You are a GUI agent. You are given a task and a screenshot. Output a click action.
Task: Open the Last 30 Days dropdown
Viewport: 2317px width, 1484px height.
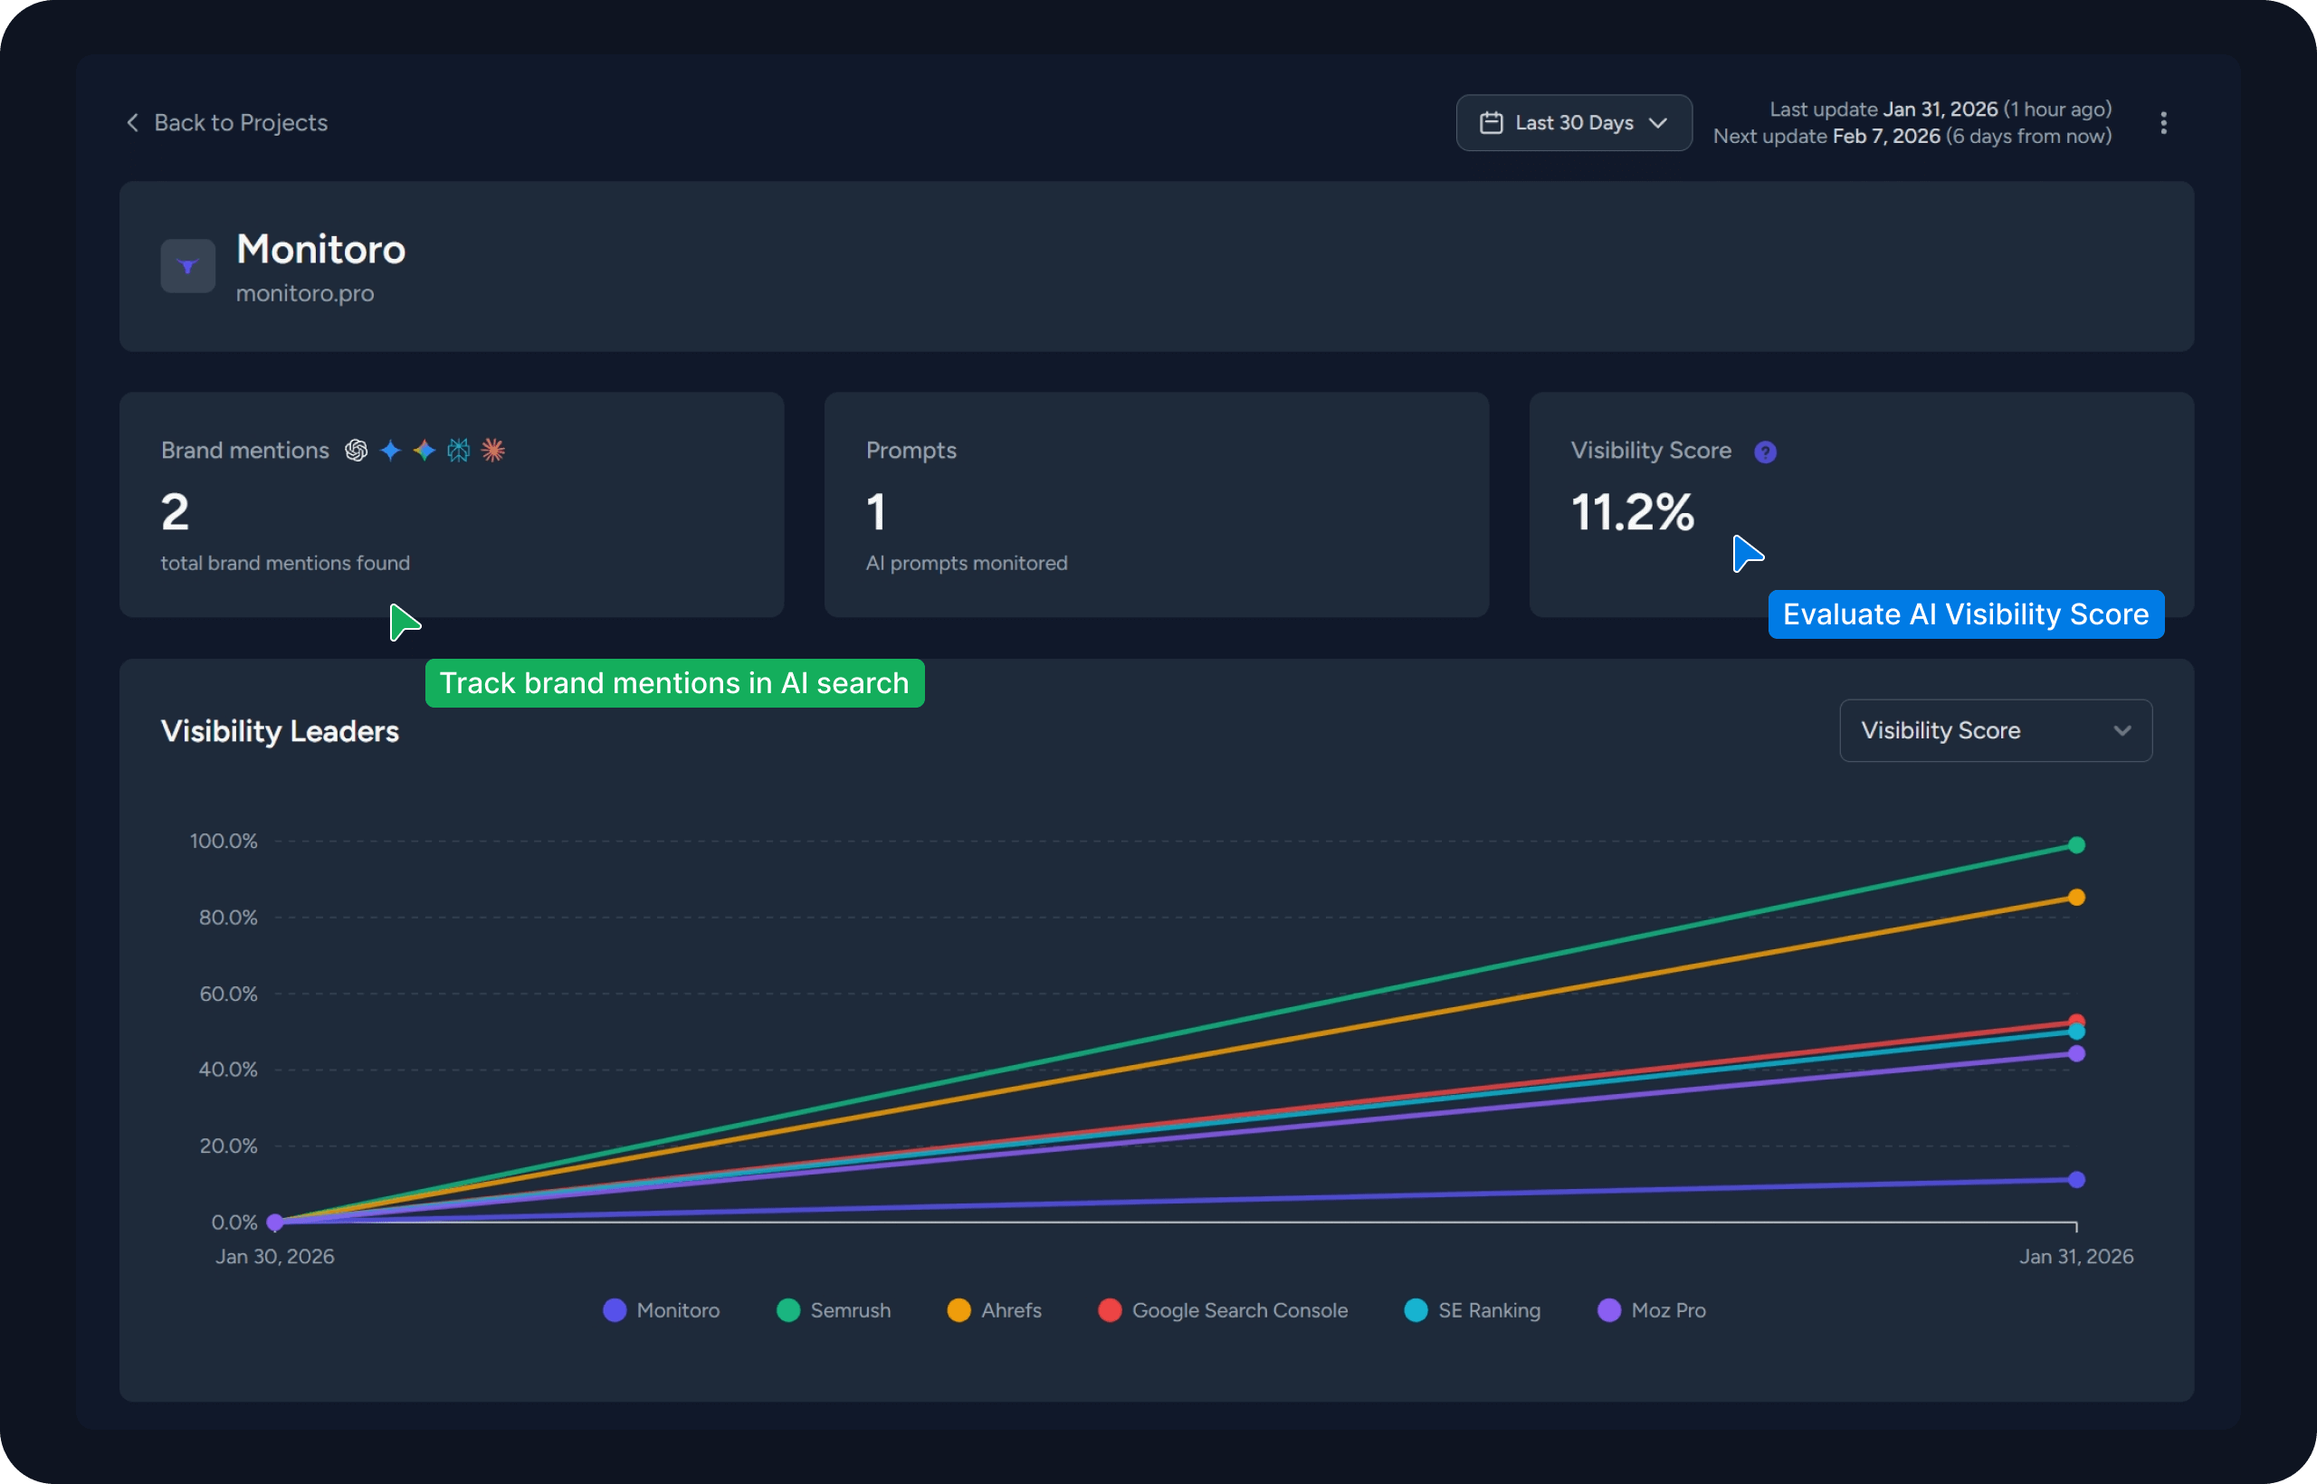click(x=1573, y=122)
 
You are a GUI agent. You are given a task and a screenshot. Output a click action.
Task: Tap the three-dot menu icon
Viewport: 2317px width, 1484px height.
click(x=2163, y=122)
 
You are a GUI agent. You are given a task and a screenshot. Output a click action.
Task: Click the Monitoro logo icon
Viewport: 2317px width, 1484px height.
click(x=188, y=266)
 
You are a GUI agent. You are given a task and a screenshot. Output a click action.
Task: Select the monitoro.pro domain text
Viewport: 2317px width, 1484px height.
click(x=305, y=293)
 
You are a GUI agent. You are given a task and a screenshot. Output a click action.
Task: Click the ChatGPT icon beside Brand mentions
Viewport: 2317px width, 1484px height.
click(x=357, y=450)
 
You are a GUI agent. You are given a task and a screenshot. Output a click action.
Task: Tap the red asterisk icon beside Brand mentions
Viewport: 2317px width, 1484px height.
click(x=492, y=450)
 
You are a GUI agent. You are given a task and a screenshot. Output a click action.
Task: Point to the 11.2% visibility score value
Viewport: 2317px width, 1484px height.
click(x=1632, y=511)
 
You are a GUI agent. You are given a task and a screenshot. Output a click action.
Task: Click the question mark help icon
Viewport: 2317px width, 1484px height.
click(x=1765, y=452)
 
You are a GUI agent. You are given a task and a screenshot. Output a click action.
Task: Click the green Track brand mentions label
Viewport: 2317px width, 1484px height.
click(x=674, y=683)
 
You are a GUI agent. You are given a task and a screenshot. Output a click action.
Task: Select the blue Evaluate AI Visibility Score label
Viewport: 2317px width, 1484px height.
click(x=1965, y=614)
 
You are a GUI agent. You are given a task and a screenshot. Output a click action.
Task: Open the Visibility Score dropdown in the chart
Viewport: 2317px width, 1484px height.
click(x=1994, y=730)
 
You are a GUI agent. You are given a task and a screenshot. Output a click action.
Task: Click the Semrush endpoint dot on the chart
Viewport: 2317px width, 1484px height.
click(x=2076, y=845)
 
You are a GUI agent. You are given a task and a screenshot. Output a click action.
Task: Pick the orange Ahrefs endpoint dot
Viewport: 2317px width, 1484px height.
click(x=2076, y=897)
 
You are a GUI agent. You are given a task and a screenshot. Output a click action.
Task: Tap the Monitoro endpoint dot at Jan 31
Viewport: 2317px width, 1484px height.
click(x=2076, y=1179)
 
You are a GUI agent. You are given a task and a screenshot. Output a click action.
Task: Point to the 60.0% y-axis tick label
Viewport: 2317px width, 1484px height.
click(x=228, y=994)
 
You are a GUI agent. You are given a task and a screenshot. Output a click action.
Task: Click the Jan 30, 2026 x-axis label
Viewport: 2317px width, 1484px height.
click(x=274, y=1257)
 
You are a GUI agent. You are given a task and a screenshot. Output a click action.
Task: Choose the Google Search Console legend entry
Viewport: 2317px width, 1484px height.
click(x=1223, y=1310)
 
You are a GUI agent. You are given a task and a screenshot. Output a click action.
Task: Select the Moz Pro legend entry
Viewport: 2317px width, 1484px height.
click(x=1652, y=1310)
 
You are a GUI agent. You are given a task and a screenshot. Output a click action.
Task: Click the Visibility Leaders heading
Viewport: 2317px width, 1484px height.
click(x=280, y=731)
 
